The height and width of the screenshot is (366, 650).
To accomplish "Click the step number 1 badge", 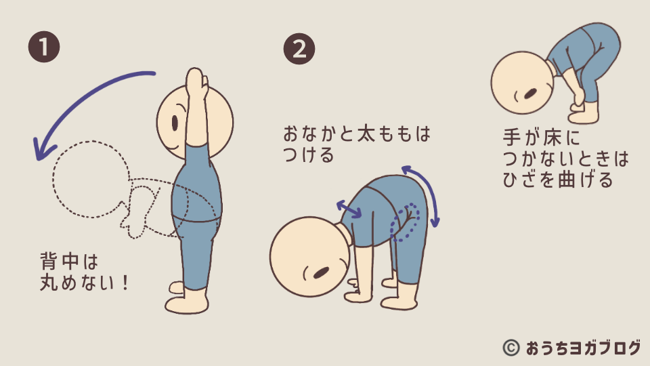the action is (44, 47).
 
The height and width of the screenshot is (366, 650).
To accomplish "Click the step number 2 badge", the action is (299, 49).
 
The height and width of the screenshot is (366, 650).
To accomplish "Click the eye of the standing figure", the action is (175, 123).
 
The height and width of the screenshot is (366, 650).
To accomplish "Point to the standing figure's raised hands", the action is (196, 83).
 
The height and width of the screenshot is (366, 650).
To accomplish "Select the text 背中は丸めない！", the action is (85, 272).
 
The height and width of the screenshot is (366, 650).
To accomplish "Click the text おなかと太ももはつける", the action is (357, 144).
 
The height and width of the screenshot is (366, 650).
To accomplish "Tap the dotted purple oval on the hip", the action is (404, 222).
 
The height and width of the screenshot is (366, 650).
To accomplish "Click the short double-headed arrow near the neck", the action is (349, 209).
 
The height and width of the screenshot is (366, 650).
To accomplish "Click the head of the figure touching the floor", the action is (310, 256).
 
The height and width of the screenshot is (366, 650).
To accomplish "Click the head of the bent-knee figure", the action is (522, 82).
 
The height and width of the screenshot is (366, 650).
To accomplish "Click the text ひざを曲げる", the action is (557, 180).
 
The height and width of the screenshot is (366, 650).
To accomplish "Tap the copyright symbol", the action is (511, 348).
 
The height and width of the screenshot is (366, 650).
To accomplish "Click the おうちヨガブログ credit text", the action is (583, 348).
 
